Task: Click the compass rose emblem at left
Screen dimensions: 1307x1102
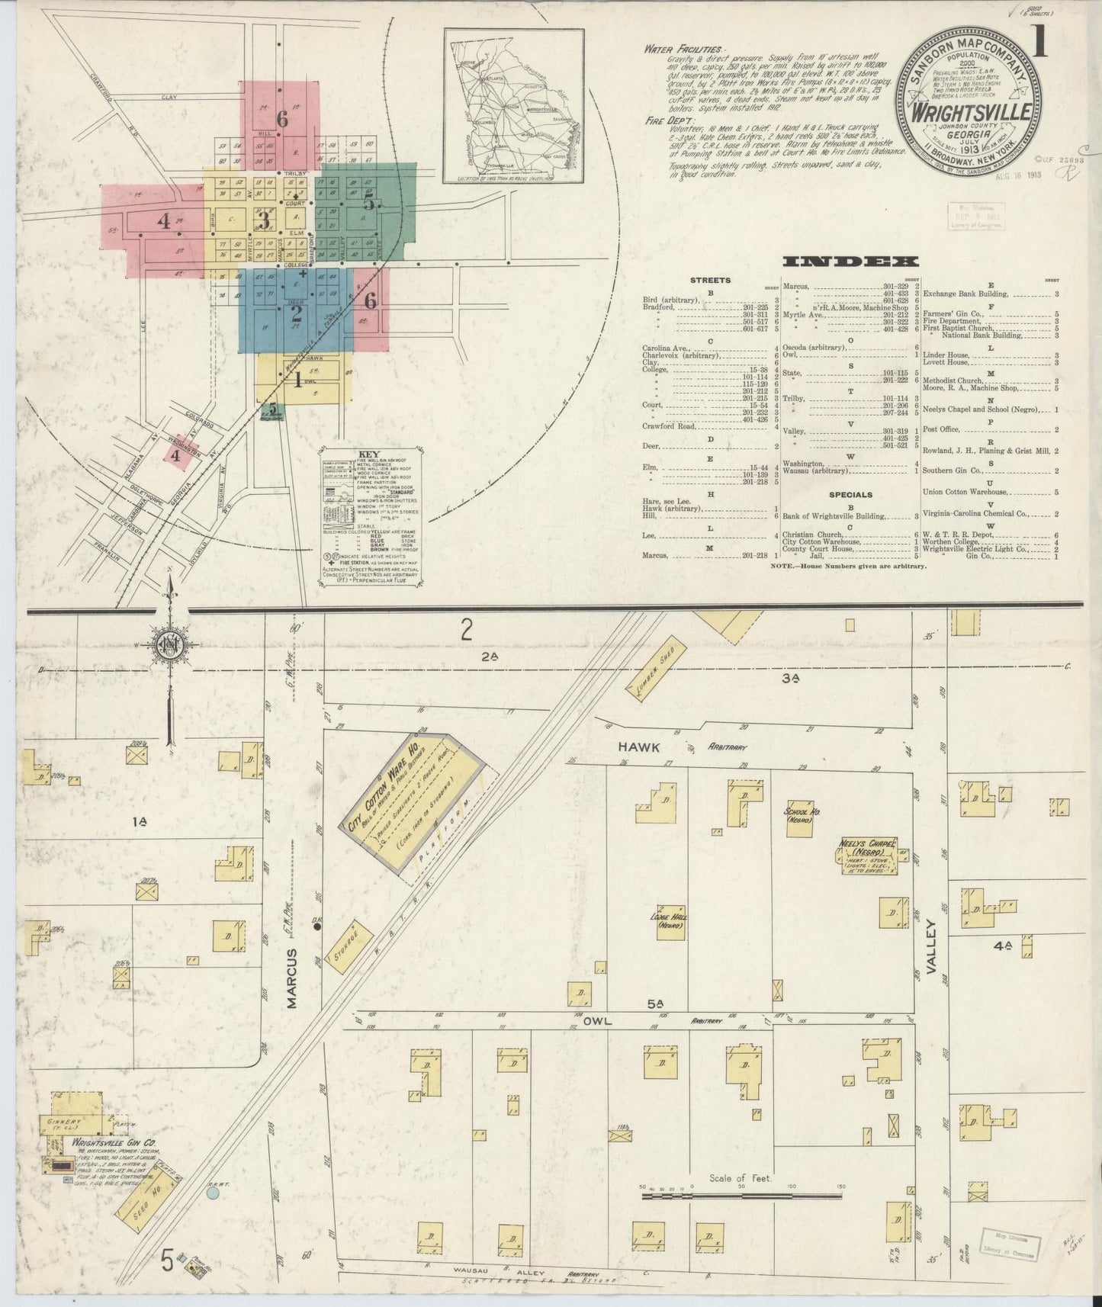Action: point(167,647)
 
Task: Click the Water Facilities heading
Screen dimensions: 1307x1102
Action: point(686,48)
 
